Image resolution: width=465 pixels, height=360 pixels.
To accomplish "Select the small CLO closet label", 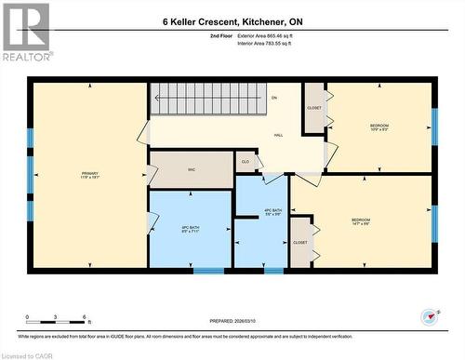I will [246, 162].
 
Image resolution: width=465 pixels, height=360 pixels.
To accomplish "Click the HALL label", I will [278, 136].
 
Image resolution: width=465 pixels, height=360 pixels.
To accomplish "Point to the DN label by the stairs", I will [274, 98].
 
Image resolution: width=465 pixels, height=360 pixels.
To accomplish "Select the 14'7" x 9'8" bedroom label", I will [360, 222].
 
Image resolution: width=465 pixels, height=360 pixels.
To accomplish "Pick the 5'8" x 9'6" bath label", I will [272, 212].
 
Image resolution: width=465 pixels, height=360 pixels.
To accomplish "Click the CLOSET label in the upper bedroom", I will [314, 108].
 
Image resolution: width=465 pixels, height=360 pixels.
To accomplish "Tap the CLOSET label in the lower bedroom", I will [299, 242].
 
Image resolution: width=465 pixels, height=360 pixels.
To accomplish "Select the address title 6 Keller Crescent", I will [232, 21].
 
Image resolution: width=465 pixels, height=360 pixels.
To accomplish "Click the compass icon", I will [429, 316].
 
